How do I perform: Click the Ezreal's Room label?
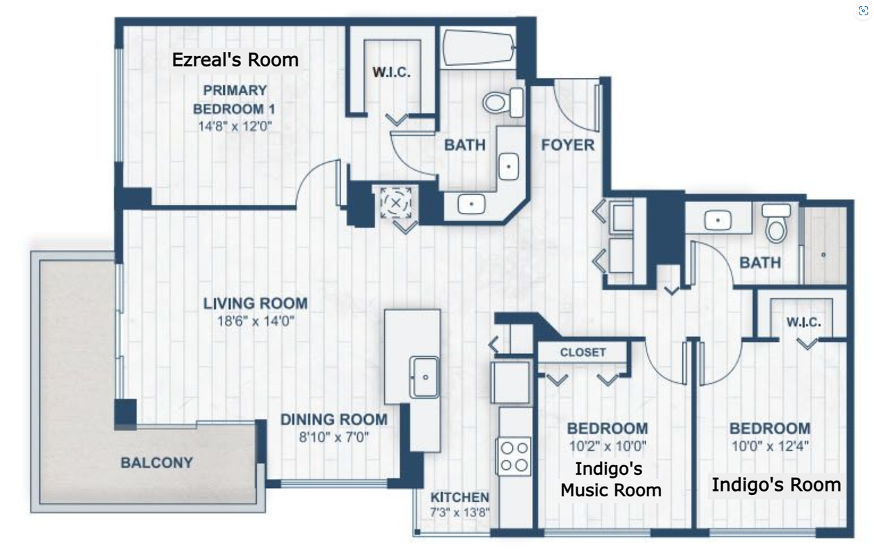235,60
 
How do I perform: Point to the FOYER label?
567,145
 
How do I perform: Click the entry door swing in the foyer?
574,105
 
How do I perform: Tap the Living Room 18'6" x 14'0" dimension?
255,321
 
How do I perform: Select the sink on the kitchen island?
424,377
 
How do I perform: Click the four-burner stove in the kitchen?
513,456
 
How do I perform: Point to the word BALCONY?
157,462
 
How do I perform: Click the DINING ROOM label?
334,420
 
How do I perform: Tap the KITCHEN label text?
459,497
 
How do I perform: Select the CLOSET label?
583,352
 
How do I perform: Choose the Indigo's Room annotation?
776,485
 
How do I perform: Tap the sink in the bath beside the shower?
718,221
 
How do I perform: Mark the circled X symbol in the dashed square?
396,203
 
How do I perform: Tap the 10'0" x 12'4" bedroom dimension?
770,446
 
